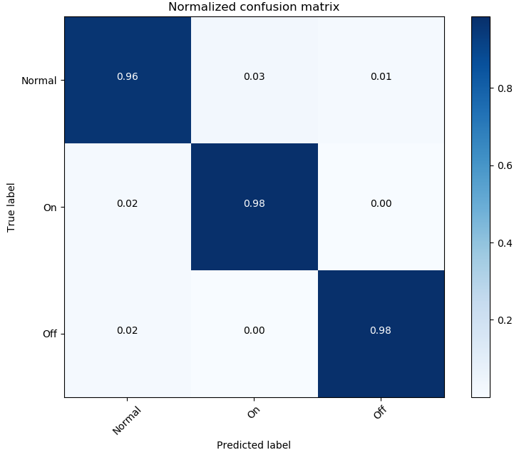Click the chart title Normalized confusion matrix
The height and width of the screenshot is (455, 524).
254,7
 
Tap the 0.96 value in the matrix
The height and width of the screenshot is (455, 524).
128,76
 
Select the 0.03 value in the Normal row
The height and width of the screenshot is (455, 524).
254,76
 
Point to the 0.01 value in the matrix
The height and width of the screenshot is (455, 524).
381,76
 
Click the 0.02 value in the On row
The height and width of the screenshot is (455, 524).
128,203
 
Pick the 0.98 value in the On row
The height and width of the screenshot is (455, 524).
254,203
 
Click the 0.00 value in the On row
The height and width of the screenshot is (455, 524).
381,203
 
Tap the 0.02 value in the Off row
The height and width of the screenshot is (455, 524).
128,330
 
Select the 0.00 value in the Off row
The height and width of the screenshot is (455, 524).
254,330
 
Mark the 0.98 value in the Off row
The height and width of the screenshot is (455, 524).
381,330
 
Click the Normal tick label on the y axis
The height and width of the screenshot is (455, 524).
38,81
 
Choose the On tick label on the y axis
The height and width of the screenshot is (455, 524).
50,208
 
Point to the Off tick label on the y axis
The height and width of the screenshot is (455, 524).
50,334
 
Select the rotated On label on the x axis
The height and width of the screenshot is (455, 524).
253,413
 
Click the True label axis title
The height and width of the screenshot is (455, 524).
11,207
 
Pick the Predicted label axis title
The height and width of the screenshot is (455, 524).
254,445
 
